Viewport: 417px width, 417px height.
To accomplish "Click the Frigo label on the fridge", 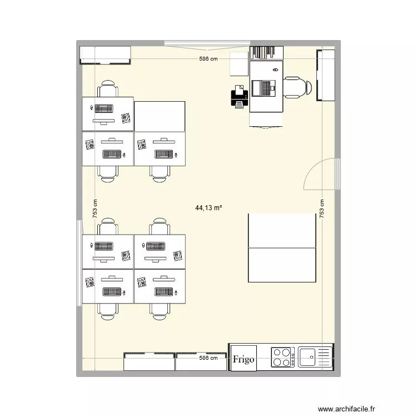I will tap(244, 359).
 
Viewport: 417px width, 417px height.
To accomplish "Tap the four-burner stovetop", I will tap(282, 357).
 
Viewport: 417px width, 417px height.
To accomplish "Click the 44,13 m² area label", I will tap(209, 208).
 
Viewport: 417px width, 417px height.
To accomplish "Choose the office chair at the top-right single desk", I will tap(297, 88).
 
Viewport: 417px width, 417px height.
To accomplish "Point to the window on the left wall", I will tap(80, 262).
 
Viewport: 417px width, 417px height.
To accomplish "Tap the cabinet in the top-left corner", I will tap(106, 55).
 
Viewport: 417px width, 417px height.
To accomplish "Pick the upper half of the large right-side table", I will tap(282, 230).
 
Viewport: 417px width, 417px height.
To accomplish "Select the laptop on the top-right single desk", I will tap(264, 88).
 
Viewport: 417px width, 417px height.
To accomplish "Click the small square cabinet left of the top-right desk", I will tap(239, 63).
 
